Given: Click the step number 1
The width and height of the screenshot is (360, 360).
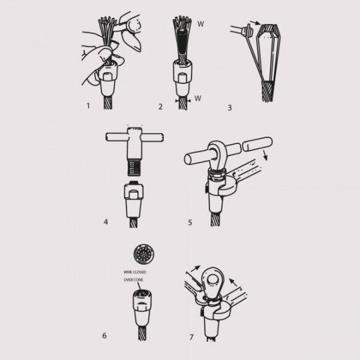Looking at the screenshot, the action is [x=88, y=105].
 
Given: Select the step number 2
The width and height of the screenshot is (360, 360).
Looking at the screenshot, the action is [x=161, y=107].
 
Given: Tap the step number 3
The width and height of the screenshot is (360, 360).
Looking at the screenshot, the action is [x=229, y=108].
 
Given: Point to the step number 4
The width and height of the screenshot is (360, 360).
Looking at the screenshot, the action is [x=106, y=222].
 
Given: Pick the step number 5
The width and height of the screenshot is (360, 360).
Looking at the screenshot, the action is [x=190, y=222].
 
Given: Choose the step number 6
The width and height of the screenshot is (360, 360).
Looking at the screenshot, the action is [x=105, y=335].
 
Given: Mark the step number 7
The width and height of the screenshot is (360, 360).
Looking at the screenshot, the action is [x=191, y=337].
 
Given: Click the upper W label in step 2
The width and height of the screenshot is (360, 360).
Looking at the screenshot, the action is [x=201, y=24].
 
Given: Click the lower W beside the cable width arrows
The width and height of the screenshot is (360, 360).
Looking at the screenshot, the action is [x=198, y=98].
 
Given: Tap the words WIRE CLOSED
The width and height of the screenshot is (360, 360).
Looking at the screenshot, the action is [x=135, y=272].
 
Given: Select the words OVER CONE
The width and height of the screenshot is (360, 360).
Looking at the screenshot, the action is [x=133, y=280].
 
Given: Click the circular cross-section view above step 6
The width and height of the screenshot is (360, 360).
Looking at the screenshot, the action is [x=143, y=255].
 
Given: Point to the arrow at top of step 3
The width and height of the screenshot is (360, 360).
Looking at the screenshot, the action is [x=255, y=22].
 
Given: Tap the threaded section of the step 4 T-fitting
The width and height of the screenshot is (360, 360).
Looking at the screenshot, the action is [x=134, y=168].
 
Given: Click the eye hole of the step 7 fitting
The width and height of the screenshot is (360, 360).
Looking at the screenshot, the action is [x=213, y=280].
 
